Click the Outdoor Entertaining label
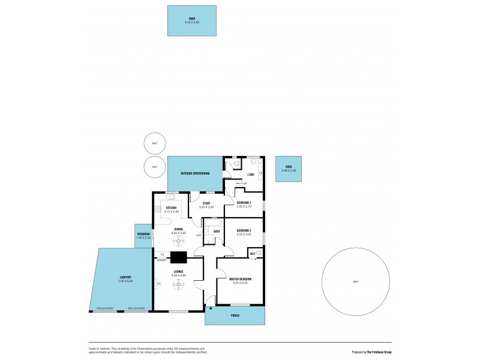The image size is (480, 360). pos(196,173)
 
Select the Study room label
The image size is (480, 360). pos(206,203)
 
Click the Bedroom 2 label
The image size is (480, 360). pos(244,203)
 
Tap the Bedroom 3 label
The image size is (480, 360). pos(244,231)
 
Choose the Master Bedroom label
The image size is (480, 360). pos(240,279)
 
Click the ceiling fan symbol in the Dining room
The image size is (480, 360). pos(179,241)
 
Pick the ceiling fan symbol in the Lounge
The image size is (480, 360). pos(179,288)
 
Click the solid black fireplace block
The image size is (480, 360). pos(179,257)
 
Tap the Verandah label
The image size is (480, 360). pos(143,235)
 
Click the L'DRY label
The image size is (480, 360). pos(251,175)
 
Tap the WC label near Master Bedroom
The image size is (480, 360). pos(253,254)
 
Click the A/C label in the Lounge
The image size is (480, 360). pos(159,284)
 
